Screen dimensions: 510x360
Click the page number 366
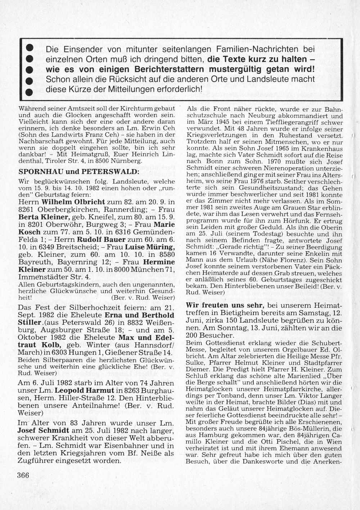[x=23, y=475]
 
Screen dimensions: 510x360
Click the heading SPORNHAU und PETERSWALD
[x=78, y=171]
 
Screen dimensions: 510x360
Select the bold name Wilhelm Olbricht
[x=73, y=202]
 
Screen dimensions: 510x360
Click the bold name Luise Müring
[x=150, y=247]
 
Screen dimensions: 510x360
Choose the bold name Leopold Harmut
[x=85, y=391]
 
